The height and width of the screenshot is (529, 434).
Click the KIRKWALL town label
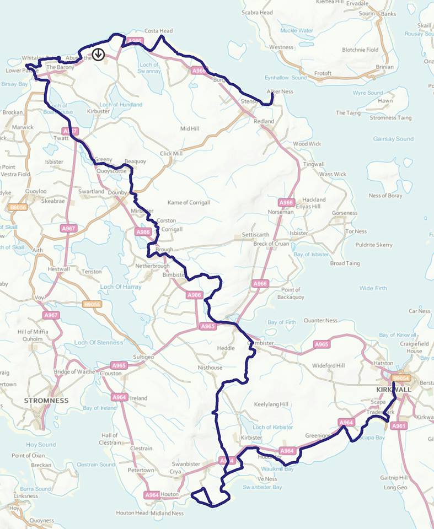(x=393, y=389)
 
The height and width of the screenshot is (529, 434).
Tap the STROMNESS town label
(x=46, y=400)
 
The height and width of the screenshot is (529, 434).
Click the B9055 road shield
(x=92, y=304)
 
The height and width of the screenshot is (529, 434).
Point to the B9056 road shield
(x=18, y=207)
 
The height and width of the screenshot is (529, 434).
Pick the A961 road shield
(x=398, y=425)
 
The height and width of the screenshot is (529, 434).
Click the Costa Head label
(x=158, y=31)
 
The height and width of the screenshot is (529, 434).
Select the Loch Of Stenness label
(x=99, y=342)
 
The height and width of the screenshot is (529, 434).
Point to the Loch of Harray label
(x=121, y=287)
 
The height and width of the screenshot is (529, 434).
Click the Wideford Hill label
(x=328, y=365)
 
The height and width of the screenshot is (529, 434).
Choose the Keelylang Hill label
(x=271, y=404)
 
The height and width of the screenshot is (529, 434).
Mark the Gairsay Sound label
(x=393, y=139)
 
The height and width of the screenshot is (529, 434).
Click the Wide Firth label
(x=373, y=288)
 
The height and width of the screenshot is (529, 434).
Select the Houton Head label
(x=132, y=512)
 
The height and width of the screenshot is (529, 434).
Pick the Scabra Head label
(x=258, y=12)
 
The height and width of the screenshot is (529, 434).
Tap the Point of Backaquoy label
(x=291, y=293)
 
